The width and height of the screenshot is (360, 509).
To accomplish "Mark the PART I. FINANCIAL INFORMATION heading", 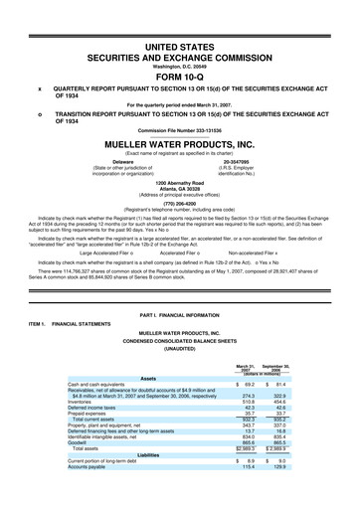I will pos(179,288).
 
